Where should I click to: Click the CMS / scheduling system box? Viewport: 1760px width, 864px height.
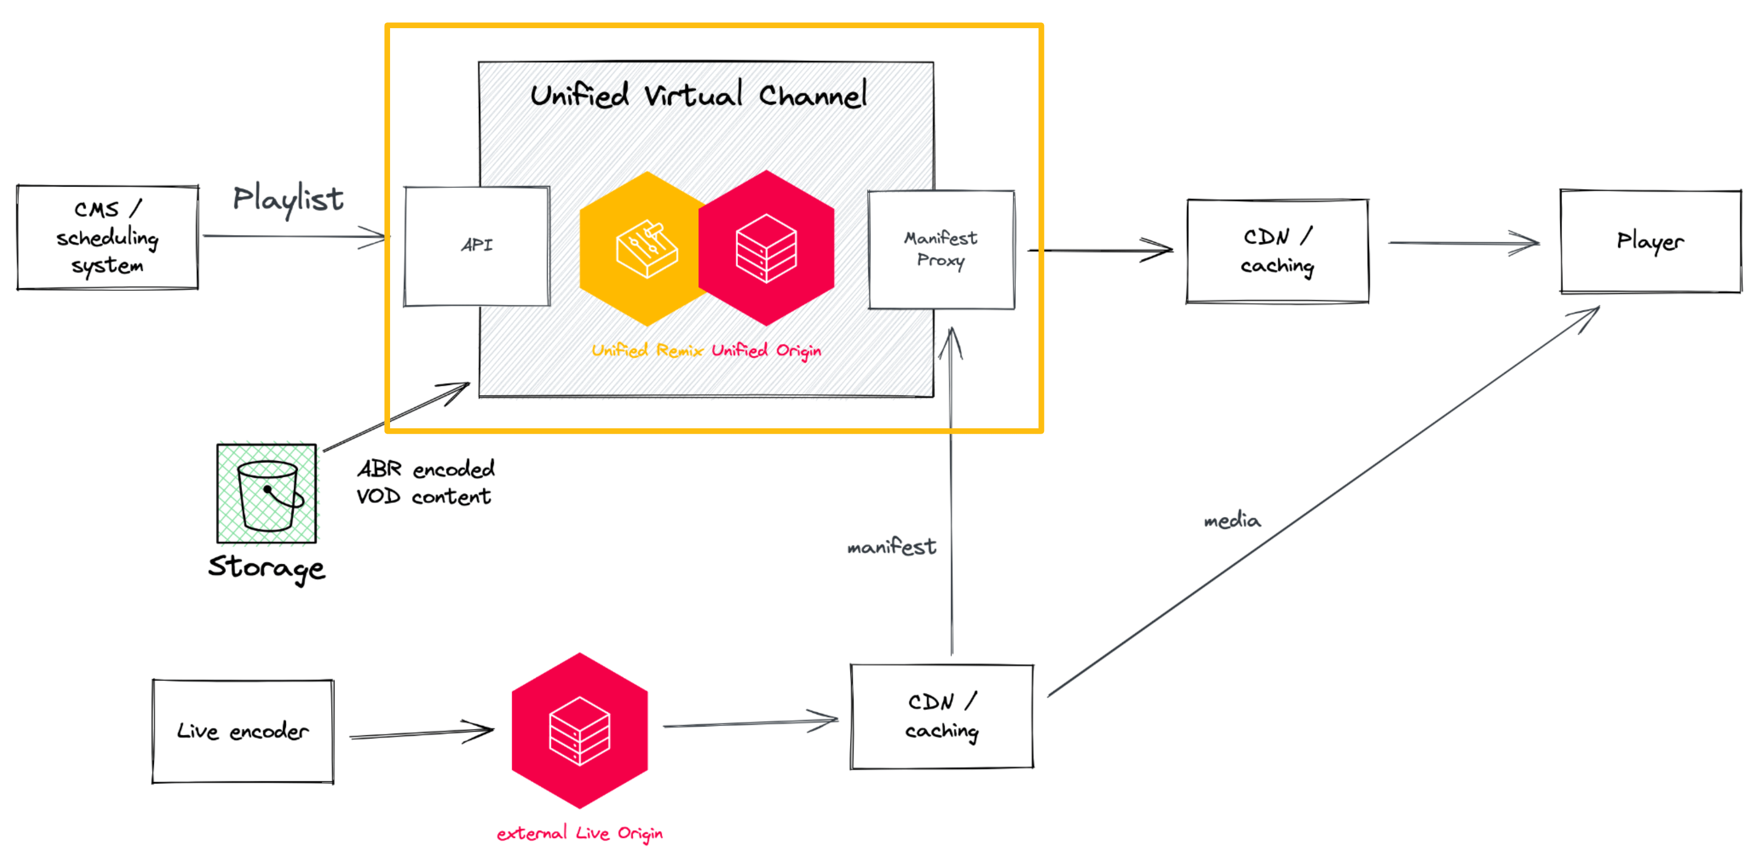[x=107, y=237]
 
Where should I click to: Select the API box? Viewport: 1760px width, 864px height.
[x=476, y=246]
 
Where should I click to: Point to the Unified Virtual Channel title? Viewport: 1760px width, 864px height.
[x=698, y=95]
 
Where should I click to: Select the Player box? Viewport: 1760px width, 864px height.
[x=1650, y=241]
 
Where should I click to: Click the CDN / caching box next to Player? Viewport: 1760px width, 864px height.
[x=1277, y=251]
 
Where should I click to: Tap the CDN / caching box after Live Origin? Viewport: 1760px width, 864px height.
[x=941, y=716]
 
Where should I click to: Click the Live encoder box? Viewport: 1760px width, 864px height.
[x=242, y=731]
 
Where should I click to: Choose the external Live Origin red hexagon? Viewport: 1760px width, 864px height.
[x=579, y=731]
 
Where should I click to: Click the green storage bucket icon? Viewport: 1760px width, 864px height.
[x=267, y=493]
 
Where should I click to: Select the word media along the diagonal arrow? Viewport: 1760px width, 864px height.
[x=1232, y=521]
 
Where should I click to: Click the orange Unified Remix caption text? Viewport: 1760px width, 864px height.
[x=646, y=350]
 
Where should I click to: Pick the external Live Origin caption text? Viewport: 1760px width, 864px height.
[x=579, y=833]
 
